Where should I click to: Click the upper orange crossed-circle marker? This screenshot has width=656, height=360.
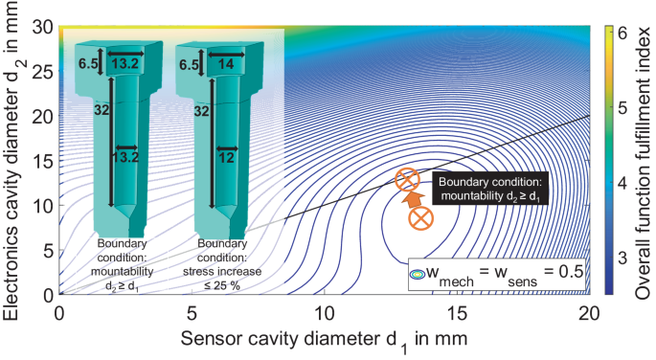pyautogui.click(x=408, y=179)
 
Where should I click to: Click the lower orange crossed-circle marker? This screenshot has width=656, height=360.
pyautogui.click(x=419, y=218)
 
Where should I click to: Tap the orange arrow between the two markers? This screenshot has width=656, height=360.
pyautogui.click(x=413, y=199)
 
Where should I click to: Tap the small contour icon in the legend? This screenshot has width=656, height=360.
pyautogui.click(x=417, y=273)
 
